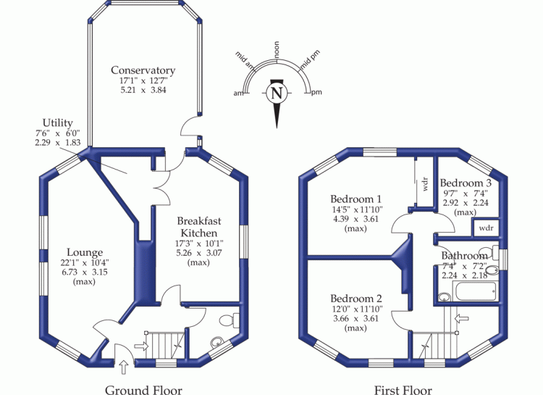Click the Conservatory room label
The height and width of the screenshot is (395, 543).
(x=143, y=70)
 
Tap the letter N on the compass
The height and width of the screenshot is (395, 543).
(x=276, y=93)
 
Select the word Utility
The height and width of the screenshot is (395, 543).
(x=57, y=124)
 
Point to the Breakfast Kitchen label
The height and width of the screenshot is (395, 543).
(x=199, y=226)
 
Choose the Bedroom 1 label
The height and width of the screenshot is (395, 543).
(x=356, y=199)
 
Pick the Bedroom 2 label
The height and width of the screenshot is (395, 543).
(x=356, y=299)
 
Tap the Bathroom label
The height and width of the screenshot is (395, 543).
(x=464, y=256)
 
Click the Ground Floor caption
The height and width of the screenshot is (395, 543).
(x=143, y=390)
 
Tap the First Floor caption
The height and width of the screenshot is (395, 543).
(x=403, y=390)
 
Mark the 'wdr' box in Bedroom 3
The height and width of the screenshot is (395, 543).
(x=486, y=228)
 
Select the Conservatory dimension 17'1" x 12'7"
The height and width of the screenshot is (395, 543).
(x=143, y=80)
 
